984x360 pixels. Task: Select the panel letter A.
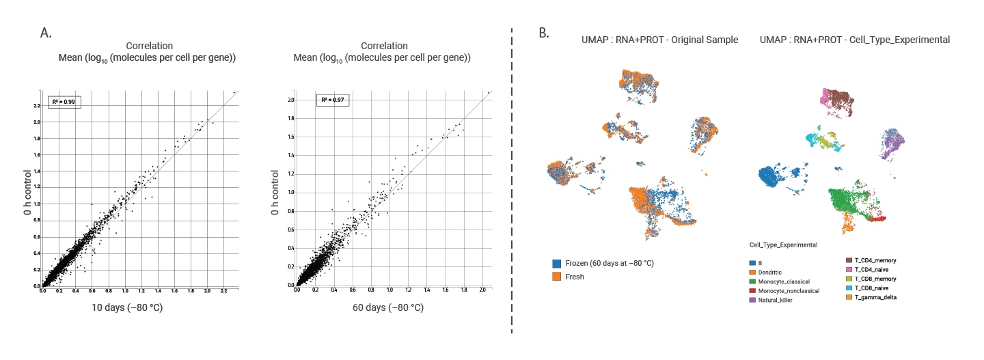tap(46, 31)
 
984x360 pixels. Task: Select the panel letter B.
tap(544, 31)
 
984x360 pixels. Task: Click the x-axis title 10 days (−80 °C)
tap(127, 307)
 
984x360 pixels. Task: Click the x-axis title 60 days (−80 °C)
tap(387, 307)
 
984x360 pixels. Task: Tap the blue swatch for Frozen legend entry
tap(558, 263)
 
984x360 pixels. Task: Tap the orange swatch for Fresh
tap(558, 277)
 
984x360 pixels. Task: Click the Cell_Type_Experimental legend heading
tap(783, 245)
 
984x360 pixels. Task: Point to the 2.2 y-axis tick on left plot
tap(36, 106)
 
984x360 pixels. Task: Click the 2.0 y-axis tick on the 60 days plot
tap(290, 100)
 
